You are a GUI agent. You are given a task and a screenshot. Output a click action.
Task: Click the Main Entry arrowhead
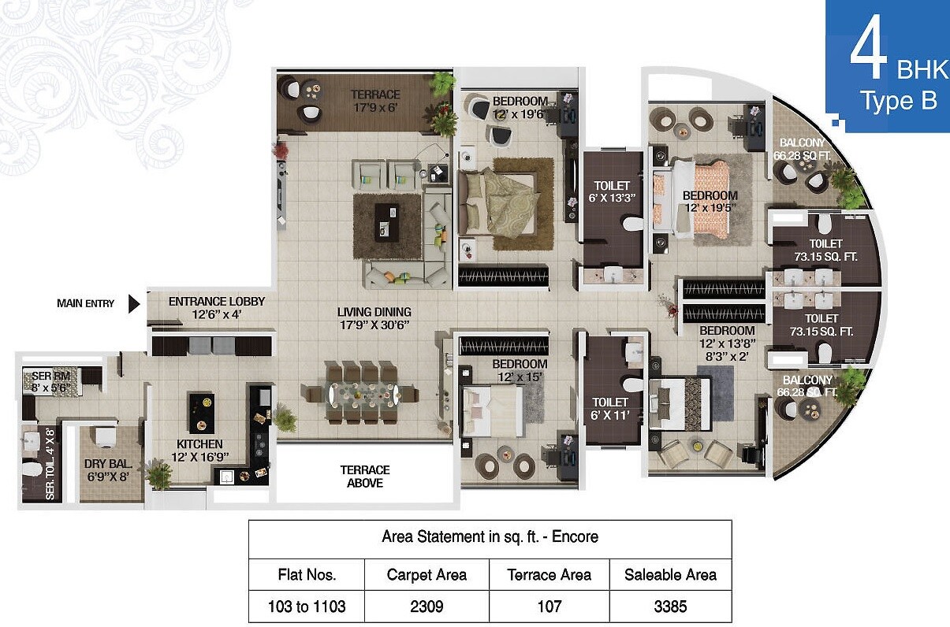point(134,303)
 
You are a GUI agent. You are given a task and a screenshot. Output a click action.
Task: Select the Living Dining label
point(374,318)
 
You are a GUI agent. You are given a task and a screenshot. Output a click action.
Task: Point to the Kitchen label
point(199,450)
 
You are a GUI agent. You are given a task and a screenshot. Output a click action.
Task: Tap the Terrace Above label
point(365,476)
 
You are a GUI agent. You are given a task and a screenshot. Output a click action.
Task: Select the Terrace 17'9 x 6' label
point(375,101)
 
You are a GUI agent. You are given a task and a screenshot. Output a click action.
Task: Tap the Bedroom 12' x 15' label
point(520,369)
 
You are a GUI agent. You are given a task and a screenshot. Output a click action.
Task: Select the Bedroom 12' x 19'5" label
point(710,202)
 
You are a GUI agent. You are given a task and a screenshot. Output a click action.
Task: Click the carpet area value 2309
point(427,607)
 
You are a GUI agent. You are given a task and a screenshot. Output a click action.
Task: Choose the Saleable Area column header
point(671,575)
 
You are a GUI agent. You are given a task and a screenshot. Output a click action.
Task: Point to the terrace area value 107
point(549,607)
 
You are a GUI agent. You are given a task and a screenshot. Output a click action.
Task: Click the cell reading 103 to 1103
point(307,607)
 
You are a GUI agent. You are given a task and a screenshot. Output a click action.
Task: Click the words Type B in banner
point(897,102)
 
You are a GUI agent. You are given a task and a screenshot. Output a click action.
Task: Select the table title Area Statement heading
point(490,537)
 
